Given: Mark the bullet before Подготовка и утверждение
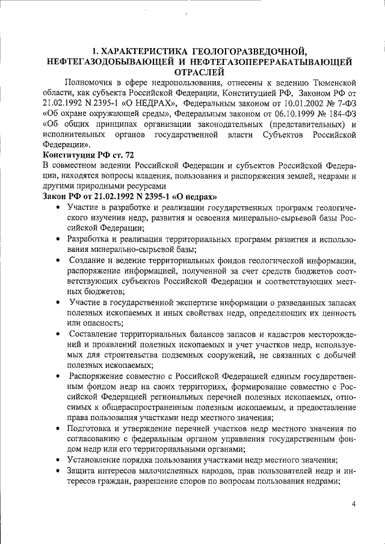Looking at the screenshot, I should tap(57, 429).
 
